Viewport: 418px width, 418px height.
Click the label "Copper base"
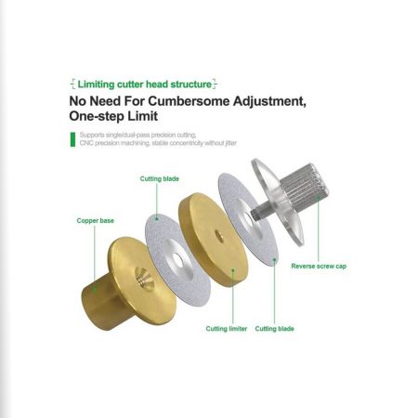point(96,221)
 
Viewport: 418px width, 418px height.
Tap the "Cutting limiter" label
point(227,329)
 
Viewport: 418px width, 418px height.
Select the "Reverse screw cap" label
point(319,267)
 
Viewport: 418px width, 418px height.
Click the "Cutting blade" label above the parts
point(160,178)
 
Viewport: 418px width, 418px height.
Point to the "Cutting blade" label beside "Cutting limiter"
point(274,329)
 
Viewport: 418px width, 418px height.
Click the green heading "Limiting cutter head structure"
point(145,85)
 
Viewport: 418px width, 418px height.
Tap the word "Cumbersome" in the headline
point(189,101)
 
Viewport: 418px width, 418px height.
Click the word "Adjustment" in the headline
point(269,101)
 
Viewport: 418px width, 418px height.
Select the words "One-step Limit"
point(113,116)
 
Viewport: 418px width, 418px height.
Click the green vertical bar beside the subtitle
point(72,139)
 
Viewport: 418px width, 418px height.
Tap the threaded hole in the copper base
point(144,279)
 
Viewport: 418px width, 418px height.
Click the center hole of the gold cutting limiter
point(219,237)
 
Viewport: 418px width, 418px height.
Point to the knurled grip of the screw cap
point(305,187)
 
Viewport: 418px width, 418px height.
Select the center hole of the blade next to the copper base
point(177,261)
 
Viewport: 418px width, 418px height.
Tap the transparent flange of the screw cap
point(277,202)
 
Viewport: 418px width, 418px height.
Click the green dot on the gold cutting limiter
point(233,270)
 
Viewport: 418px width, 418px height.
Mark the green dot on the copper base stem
point(95,290)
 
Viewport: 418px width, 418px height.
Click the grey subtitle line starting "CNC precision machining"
point(158,143)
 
